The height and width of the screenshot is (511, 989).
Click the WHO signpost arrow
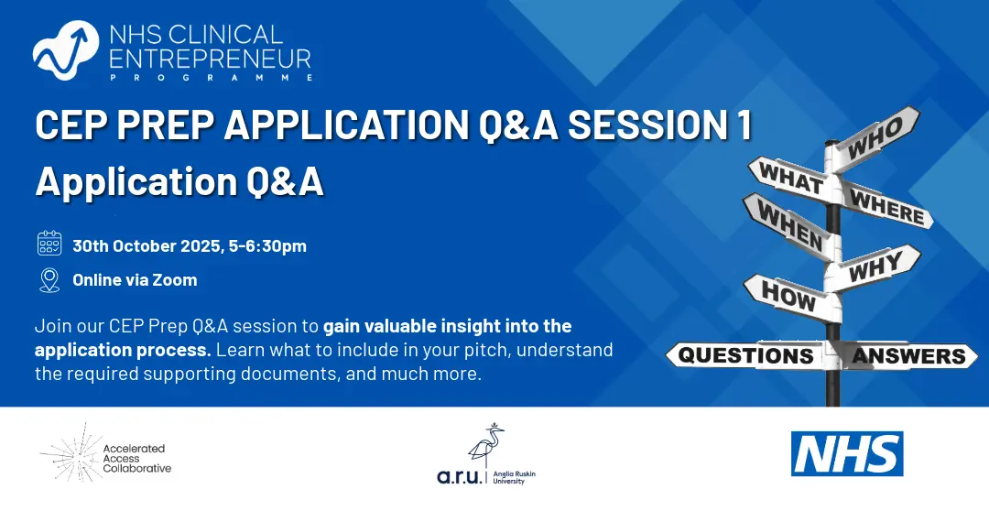click(876, 138)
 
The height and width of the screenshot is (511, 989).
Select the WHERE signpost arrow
click(886, 205)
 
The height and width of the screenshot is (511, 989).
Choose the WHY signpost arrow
click(874, 267)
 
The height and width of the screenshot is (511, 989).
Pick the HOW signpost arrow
click(791, 297)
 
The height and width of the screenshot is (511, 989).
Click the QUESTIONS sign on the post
click(747, 355)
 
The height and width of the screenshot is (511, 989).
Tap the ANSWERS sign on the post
click(909, 355)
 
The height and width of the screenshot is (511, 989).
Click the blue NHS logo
click(847, 453)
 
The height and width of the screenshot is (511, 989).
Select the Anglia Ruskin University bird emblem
click(486, 445)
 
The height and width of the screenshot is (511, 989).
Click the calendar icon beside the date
click(49, 244)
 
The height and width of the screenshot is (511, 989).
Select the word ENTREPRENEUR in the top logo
click(210, 59)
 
